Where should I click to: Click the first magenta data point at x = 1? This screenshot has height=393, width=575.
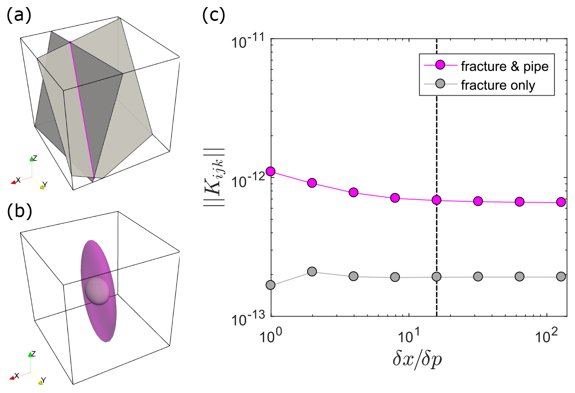pos(271,171)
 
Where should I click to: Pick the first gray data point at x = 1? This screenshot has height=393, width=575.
pos(271,285)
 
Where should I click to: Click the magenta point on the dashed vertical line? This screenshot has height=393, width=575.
pos(437,200)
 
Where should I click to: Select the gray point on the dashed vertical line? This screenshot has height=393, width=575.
pos(437,276)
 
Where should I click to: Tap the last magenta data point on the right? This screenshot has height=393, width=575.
pos(561,202)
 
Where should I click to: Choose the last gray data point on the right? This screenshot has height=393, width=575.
pos(561,276)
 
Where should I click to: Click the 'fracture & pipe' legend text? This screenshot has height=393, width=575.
pos(504,66)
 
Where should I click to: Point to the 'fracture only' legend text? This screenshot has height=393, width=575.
pos(498,85)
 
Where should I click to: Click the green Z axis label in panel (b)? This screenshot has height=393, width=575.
pos(33,354)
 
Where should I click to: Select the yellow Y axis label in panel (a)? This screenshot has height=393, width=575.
pos(45,185)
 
